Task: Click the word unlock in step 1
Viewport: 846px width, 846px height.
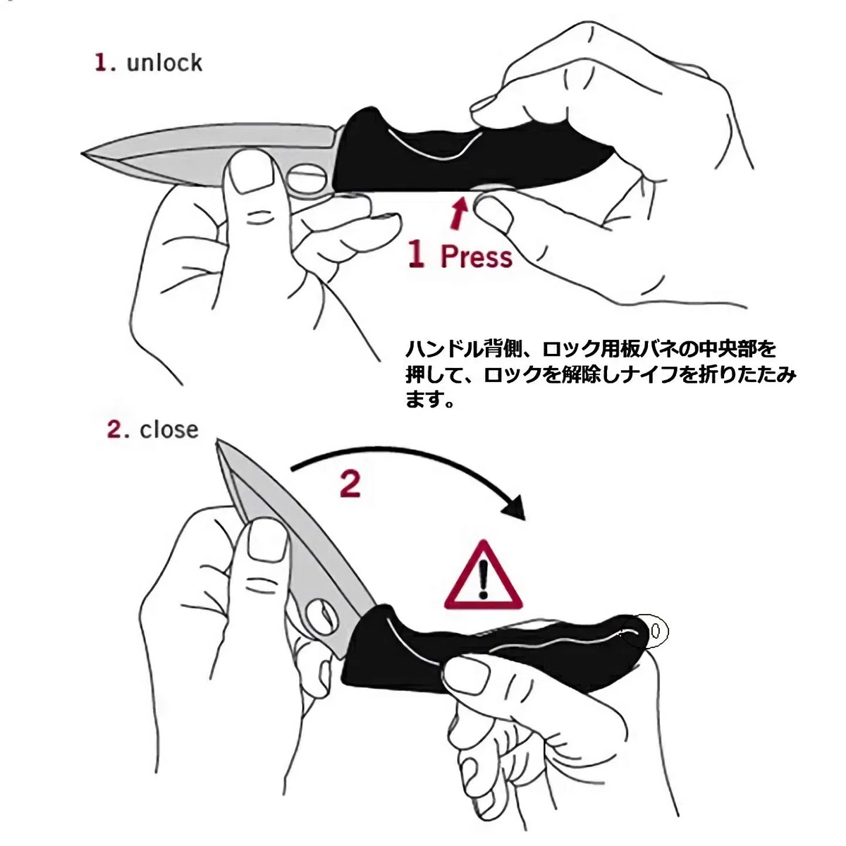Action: tap(164, 63)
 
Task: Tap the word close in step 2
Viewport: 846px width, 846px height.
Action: tap(169, 430)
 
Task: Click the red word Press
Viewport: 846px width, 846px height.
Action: tap(477, 257)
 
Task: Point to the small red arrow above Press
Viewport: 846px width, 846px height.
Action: tap(459, 214)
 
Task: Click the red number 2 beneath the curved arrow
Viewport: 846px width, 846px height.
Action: tap(350, 484)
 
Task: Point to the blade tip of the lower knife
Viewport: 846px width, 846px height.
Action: tap(218, 441)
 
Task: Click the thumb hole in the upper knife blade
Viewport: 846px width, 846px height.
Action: tap(307, 178)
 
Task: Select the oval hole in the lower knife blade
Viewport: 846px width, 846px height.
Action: tap(320, 618)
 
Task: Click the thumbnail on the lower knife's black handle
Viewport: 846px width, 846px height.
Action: tap(467, 678)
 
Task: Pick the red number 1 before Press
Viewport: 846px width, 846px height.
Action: tap(416, 253)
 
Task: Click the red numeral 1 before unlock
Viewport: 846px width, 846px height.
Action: tap(101, 63)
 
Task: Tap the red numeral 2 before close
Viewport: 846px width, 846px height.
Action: tap(115, 430)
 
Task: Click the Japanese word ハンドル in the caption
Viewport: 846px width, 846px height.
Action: tap(445, 350)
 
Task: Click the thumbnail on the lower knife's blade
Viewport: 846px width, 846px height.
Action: tap(266, 541)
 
